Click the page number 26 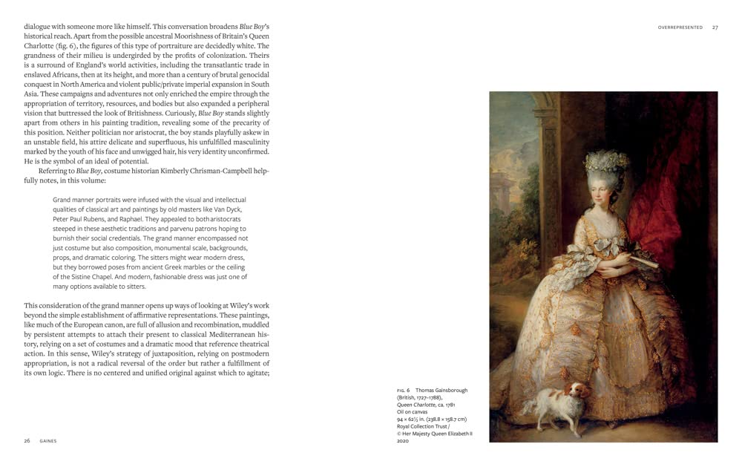point(27,440)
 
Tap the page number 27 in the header point(715,27)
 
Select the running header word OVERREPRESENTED point(680,27)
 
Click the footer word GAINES point(48,440)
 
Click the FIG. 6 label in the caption point(404,390)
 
